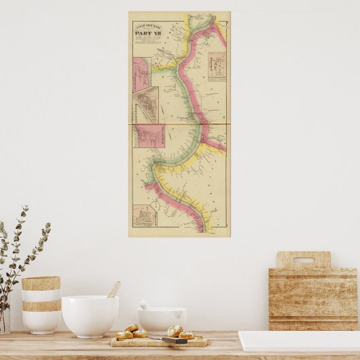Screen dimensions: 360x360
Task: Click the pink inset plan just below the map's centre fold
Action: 148,134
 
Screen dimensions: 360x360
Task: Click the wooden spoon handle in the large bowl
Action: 113,289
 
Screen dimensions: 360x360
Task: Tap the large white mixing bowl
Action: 90,316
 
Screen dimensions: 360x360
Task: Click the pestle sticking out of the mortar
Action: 145,306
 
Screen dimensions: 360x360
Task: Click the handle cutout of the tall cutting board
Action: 303,260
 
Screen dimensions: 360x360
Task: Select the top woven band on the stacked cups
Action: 41,283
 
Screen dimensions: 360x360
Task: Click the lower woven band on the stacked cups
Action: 41,306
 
